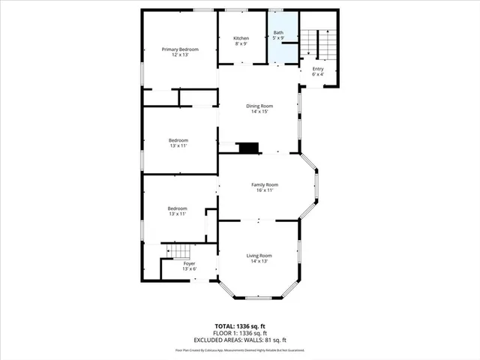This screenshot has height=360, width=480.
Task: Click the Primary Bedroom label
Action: tap(180, 49)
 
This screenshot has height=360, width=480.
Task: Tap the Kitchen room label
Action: tap(241, 38)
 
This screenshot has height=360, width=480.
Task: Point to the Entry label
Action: tap(318, 69)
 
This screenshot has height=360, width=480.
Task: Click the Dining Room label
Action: tap(259, 106)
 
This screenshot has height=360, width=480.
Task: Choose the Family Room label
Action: tap(264, 184)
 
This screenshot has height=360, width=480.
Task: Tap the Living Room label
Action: tap(259, 256)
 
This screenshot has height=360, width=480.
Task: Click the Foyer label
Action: tap(190, 263)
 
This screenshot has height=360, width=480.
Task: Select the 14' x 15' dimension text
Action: tap(259, 112)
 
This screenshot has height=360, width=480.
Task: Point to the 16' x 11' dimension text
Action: tap(264, 190)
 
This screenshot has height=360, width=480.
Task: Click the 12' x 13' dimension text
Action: tap(180, 55)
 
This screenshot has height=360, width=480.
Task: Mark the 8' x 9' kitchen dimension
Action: tap(241, 44)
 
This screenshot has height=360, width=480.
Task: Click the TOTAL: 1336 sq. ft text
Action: tap(241, 326)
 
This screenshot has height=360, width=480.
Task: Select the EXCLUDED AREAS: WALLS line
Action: tap(241, 340)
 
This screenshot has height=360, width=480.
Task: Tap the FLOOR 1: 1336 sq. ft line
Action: tap(241, 333)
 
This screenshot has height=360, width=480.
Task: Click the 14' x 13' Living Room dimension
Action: tap(259, 262)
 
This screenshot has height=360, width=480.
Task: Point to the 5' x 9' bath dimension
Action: tap(278, 39)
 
